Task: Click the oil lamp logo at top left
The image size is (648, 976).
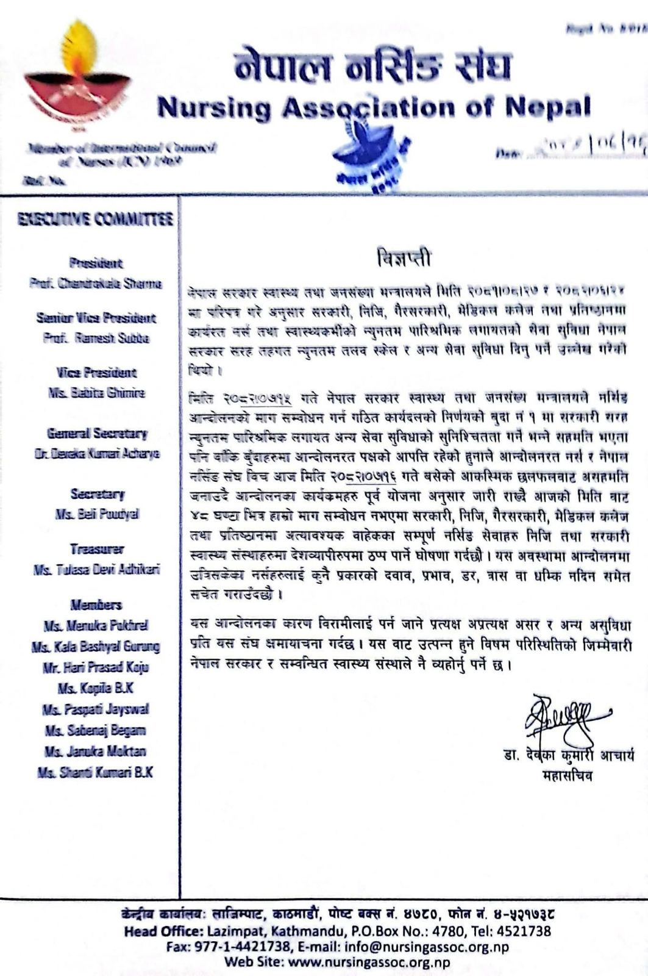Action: tap(78, 76)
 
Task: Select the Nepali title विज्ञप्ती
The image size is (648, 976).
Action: tap(403, 259)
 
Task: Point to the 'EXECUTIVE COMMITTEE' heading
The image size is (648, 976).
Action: tap(96, 219)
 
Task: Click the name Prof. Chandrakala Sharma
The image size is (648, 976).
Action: tap(96, 284)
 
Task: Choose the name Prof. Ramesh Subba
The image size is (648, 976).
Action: tap(96, 338)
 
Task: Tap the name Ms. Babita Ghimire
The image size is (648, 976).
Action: tap(96, 393)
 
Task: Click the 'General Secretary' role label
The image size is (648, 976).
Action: tap(96, 434)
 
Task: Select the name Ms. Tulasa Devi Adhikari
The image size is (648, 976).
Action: tap(96, 570)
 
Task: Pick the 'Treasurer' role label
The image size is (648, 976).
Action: tap(96, 549)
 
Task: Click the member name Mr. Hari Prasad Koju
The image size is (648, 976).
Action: tap(96, 667)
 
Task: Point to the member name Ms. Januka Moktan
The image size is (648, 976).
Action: tap(96, 752)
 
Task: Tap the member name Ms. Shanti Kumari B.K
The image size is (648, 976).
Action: tap(96, 772)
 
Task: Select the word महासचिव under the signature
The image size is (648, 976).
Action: tap(567, 777)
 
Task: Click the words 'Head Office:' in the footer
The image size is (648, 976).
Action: tap(158, 931)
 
